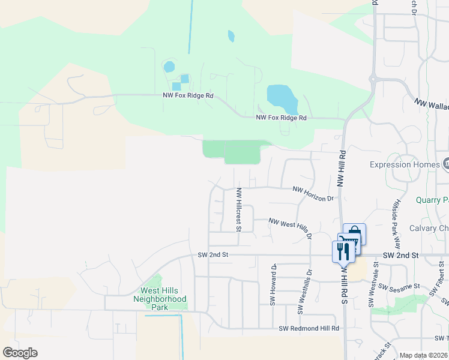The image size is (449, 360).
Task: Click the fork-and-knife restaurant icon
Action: point(343,251)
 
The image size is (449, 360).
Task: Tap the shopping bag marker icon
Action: point(354,233)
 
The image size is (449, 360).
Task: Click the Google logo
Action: point(20,353)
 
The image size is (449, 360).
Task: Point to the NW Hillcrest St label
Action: point(238,209)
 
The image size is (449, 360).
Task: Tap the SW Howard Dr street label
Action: point(273,284)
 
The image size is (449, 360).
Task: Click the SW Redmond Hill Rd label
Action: point(309,328)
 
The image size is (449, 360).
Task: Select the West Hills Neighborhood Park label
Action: point(160,299)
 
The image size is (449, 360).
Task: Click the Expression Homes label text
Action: point(405,164)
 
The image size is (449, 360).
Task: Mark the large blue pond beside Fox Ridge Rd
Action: point(282,98)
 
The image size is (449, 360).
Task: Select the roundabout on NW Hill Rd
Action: point(373,78)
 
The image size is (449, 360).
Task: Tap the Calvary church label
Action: point(429,228)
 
